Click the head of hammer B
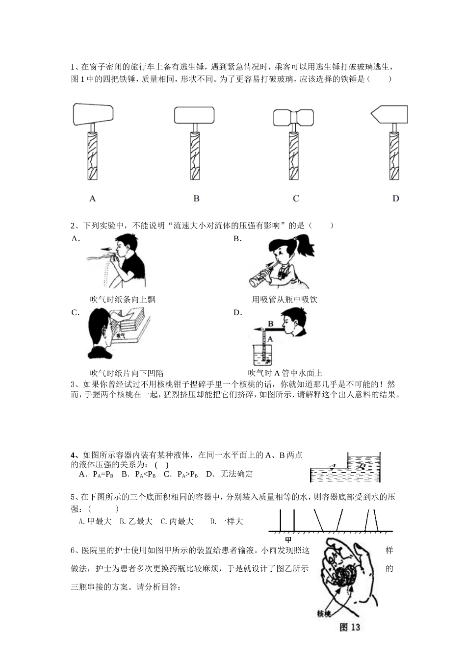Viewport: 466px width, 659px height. (x=194, y=115)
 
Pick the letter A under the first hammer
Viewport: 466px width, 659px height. (x=93, y=199)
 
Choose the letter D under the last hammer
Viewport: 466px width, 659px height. (x=396, y=199)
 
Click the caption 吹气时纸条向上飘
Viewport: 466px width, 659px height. (x=123, y=299)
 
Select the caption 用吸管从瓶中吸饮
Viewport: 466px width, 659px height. (x=285, y=299)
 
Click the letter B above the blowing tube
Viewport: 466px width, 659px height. (x=270, y=324)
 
